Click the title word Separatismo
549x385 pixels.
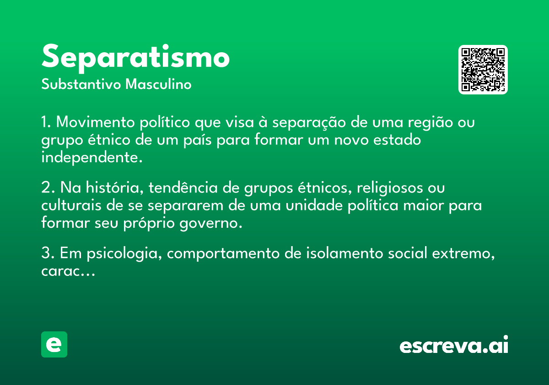135,57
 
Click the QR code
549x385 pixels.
483,70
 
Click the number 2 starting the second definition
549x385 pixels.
45,188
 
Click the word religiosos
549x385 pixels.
388,188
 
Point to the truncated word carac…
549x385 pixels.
68,271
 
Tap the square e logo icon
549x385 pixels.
54,344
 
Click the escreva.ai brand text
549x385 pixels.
454,345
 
